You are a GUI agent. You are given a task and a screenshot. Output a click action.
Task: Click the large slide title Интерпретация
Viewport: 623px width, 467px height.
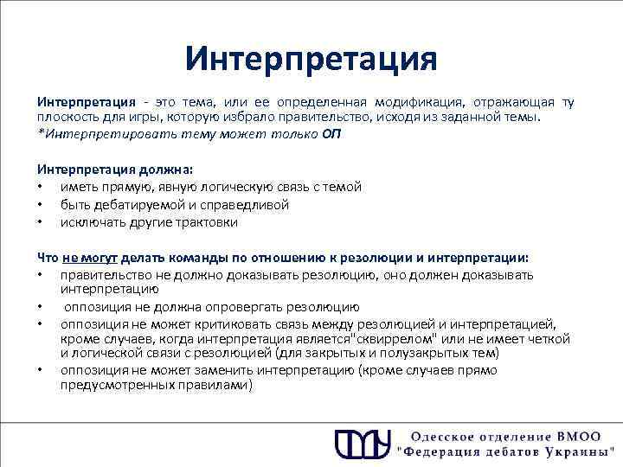(x=311, y=60)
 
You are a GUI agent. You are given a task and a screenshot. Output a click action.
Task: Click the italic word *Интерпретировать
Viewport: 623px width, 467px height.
(x=94, y=133)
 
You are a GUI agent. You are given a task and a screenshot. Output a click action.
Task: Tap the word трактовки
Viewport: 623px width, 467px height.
(x=209, y=221)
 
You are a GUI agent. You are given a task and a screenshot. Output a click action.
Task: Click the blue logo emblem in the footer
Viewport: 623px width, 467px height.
(x=357, y=442)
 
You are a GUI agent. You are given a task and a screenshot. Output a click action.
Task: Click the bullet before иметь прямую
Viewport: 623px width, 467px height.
(x=41, y=187)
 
